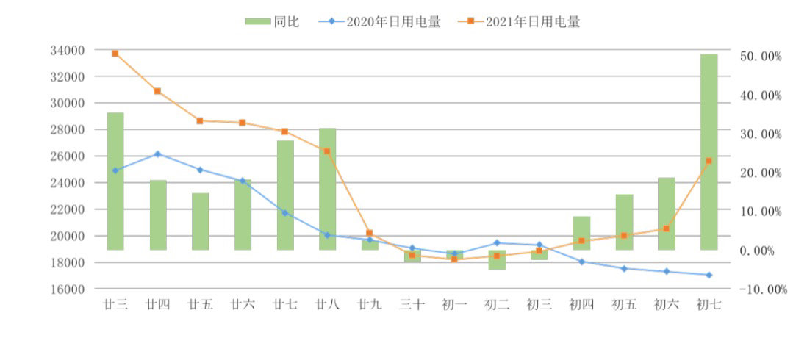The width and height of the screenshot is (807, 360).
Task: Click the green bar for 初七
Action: pos(709,152)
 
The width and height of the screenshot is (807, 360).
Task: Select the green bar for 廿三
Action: pos(115,181)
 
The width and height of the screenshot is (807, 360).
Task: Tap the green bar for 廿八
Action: pos(327,189)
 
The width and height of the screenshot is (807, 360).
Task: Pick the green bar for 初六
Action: pos(666,214)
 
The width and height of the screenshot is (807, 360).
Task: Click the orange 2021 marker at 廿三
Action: pos(115,54)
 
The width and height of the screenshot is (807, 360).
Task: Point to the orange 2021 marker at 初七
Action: pos(709,160)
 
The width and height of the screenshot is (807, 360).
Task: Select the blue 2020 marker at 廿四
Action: pos(158,154)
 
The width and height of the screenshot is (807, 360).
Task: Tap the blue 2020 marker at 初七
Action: pos(709,275)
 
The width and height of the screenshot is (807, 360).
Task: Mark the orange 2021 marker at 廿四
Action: pos(158,91)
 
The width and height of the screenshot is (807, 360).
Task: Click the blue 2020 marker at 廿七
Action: pos(285,213)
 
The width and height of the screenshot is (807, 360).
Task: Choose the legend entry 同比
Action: pos(273,22)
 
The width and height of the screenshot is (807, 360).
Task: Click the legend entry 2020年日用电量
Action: pos(379,22)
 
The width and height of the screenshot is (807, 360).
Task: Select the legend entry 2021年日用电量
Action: pos(519,22)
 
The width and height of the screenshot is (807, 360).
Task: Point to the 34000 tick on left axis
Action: pos(68,50)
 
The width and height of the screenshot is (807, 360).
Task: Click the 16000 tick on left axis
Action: pos(68,289)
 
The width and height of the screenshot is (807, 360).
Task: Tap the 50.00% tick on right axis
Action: pos(761,57)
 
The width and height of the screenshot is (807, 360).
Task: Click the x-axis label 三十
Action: pos(412,305)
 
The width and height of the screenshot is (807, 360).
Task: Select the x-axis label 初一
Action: pos(454,305)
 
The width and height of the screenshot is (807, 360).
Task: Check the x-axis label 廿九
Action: pos(370,305)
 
